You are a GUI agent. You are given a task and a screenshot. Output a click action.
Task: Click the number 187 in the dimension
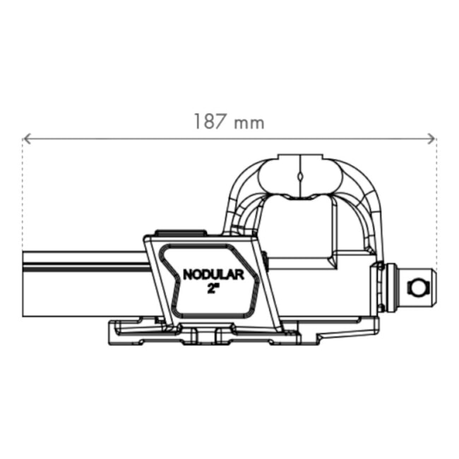tap(210, 121)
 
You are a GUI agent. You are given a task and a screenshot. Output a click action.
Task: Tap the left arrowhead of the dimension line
tap(26, 138)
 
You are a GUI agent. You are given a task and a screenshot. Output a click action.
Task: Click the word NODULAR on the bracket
tap(213, 275)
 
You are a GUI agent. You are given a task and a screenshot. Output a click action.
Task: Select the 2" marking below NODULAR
tap(213, 289)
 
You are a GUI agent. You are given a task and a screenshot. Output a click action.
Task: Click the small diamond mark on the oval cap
tap(300, 175)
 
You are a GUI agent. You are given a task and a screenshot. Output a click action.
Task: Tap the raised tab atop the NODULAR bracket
tap(180, 232)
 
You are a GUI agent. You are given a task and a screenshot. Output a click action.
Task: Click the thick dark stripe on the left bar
tap(85, 267)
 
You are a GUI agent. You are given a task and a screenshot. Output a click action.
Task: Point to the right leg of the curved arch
tap(371, 212)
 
